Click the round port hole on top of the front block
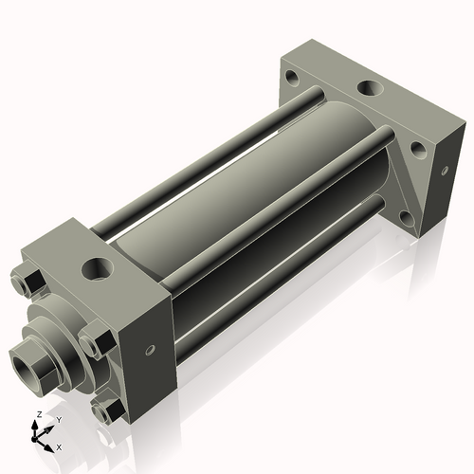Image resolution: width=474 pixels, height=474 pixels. click(x=98, y=268)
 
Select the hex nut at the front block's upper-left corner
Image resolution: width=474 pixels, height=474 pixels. click(x=27, y=282)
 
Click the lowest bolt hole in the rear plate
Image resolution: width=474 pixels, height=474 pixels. click(x=408, y=219)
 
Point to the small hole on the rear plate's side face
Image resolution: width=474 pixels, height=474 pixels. click(x=445, y=172)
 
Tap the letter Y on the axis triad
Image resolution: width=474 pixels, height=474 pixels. click(x=58, y=419)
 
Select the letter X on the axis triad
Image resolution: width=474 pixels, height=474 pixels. click(x=59, y=445)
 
